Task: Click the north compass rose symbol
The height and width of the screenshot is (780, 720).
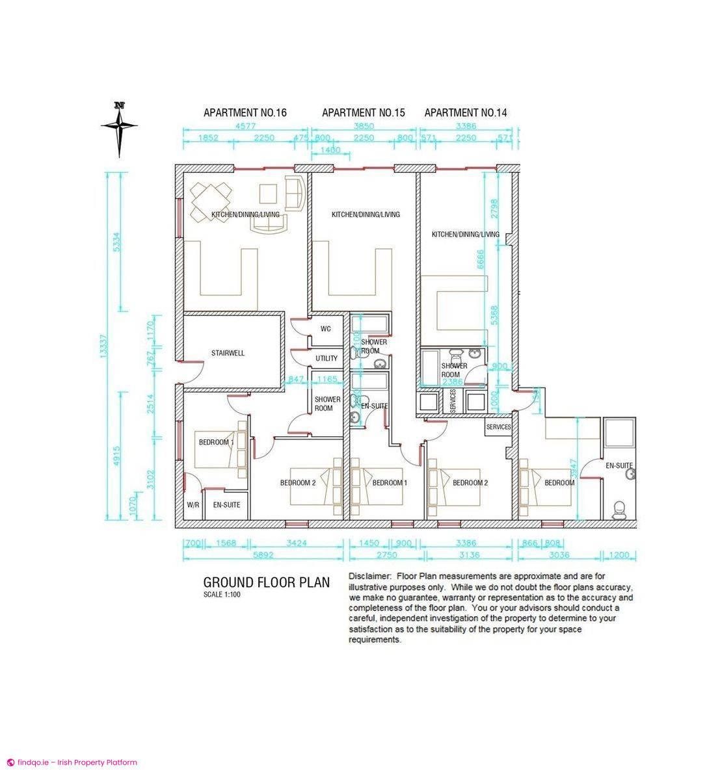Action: point(119,128)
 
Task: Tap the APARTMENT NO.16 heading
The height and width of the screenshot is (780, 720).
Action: point(245,112)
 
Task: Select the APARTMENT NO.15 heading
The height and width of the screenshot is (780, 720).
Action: point(363,112)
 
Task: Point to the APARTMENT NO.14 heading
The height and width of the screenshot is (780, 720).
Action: point(465,112)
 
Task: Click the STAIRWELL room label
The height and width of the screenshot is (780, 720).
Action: point(228,353)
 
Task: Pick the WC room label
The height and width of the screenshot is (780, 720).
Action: point(326,328)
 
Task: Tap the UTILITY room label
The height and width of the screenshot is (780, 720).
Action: point(327,358)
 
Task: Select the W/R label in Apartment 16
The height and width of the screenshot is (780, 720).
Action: point(193,504)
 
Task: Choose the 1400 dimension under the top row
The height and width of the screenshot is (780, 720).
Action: point(331,150)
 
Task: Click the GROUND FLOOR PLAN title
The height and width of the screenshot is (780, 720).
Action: point(267,582)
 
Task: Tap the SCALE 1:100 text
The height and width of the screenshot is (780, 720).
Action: point(222,594)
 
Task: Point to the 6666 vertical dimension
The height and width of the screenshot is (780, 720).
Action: point(481,260)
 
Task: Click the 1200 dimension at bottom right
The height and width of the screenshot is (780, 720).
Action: point(620,555)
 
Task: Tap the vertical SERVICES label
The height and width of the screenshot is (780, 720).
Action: point(453,401)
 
